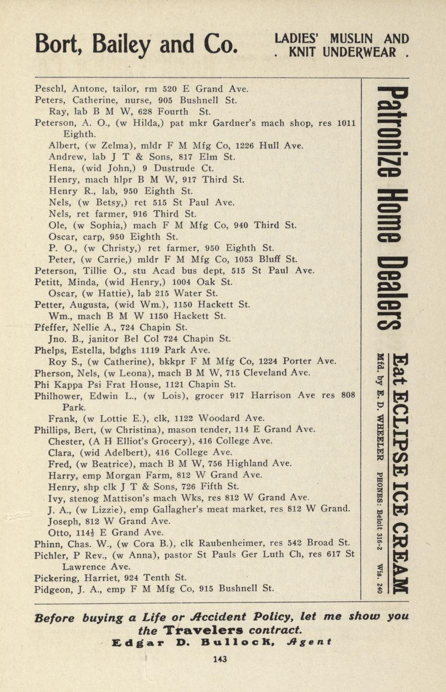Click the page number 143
coord(219,659)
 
